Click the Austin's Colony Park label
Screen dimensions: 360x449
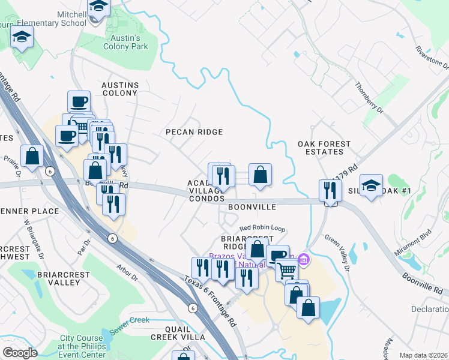125,41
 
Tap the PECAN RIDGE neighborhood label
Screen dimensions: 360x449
194,132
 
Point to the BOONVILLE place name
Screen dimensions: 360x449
252,207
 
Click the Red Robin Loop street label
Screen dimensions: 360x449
262,228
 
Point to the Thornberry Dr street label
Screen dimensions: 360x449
369,98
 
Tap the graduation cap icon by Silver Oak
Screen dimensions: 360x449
371,185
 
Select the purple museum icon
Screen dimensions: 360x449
304,259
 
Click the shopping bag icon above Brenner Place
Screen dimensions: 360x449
32,157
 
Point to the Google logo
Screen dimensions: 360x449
20,353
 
